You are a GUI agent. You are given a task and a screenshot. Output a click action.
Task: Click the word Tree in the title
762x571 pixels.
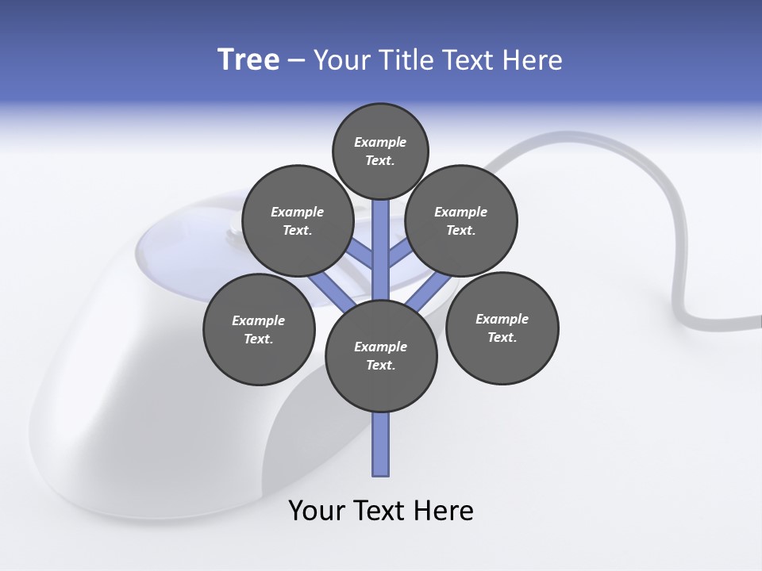pyautogui.click(x=248, y=60)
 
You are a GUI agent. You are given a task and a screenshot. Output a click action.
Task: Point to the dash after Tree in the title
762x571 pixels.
pyautogui.click(x=296, y=61)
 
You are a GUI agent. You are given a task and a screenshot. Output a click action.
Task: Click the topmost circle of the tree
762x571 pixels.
pyautogui.click(x=380, y=151)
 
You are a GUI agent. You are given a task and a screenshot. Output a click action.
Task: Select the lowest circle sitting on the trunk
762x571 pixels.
pyautogui.click(x=381, y=356)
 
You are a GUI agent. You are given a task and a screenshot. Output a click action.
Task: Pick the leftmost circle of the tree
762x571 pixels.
pyautogui.click(x=259, y=330)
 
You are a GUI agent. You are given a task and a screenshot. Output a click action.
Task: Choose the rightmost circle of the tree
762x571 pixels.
pyautogui.click(x=502, y=328)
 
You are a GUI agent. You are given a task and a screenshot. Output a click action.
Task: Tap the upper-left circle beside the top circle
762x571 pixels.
pyautogui.click(x=298, y=221)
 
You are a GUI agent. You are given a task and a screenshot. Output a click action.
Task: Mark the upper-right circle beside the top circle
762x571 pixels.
pyautogui.click(x=461, y=221)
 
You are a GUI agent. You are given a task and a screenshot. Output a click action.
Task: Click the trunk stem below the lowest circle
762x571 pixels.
pyautogui.click(x=381, y=444)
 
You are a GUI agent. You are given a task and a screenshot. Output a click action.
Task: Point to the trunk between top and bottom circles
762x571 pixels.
pyautogui.click(x=381, y=254)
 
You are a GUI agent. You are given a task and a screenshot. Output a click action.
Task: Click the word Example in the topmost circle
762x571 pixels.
pyautogui.click(x=380, y=143)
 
